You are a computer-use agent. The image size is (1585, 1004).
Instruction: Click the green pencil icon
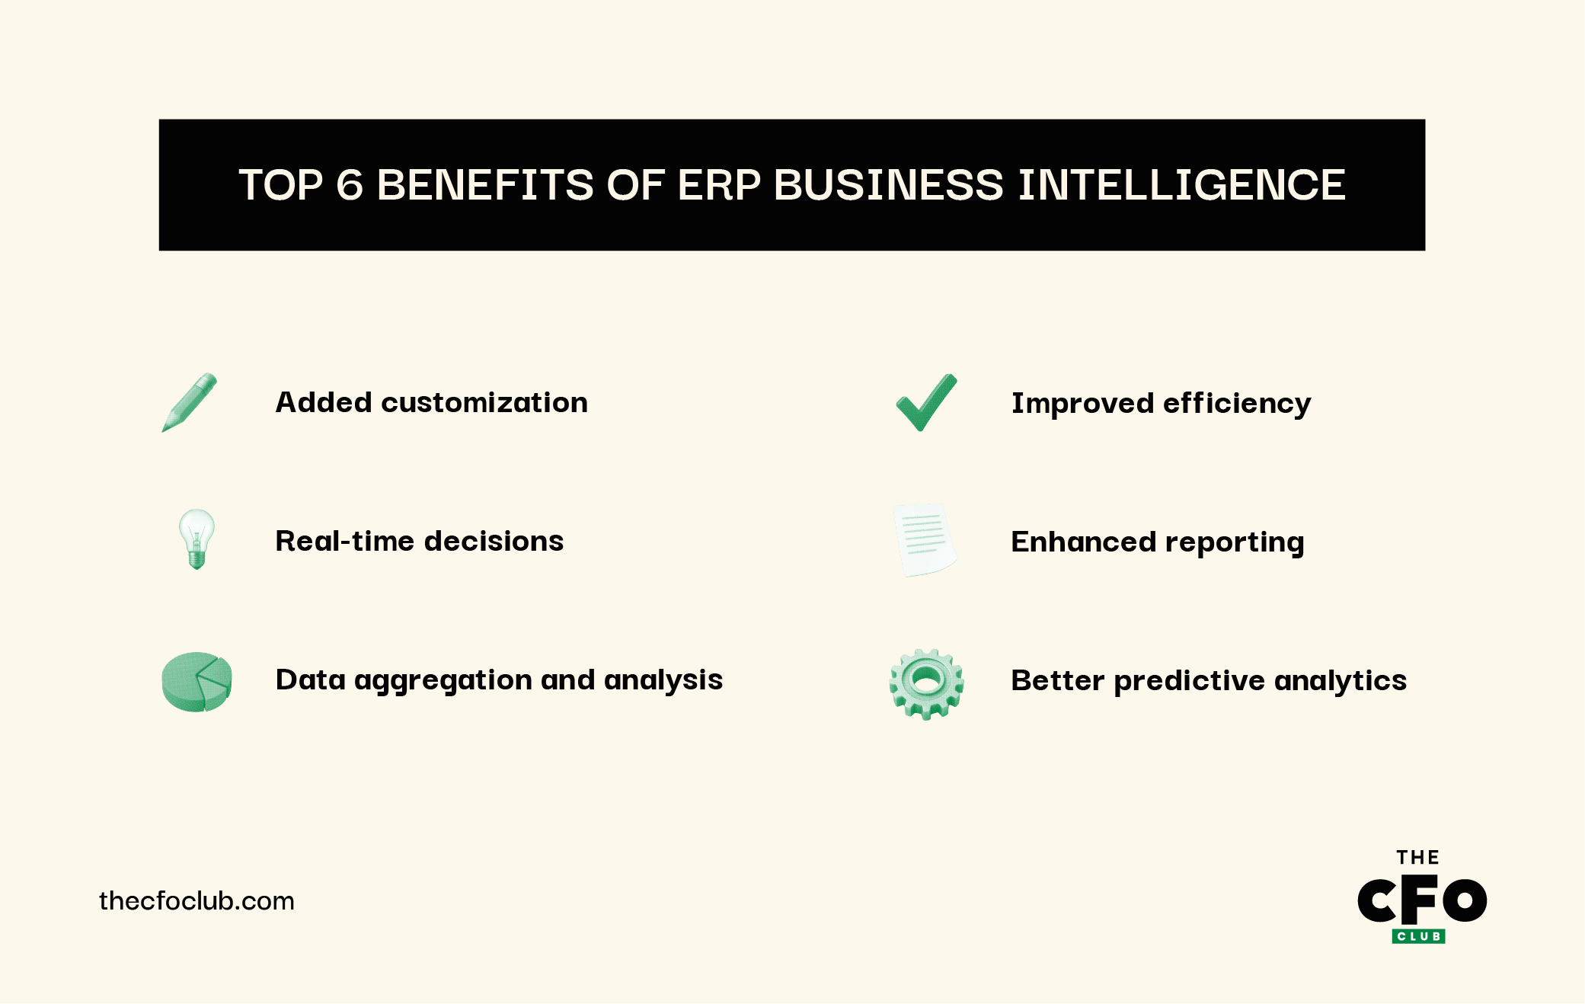pyautogui.click(x=190, y=402)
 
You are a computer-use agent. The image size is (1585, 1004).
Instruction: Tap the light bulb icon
pyautogui.click(x=197, y=539)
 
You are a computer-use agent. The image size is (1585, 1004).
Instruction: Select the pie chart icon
pyautogui.click(x=197, y=681)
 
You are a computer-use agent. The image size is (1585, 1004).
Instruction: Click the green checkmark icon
pyautogui.click(x=926, y=402)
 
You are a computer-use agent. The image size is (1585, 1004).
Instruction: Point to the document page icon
pyautogui.click(x=925, y=540)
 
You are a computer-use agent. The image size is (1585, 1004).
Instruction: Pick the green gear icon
pyautogui.click(x=926, y=683)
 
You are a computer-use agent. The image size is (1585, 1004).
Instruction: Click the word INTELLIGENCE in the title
pyautogui.click(x=1181, y=185)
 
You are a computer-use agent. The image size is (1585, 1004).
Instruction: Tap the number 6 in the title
pyautogui.click(x=350, y=185)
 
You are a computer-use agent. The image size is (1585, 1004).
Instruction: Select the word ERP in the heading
pyautogui.click(x=718, y=185)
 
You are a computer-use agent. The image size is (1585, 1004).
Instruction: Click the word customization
pyautogui.click(x=484, y=402)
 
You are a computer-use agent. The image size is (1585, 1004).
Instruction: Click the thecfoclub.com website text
pyautogui.click(x=197, y=901)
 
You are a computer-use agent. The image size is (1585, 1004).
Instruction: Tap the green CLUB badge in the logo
pyautogui.click(x=1418, y=936)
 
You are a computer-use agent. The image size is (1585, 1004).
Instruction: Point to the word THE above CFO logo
pyautogui.click(x=1417, y=858)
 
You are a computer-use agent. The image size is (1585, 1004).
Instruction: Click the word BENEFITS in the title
pyautogui.click(x=484, y=185)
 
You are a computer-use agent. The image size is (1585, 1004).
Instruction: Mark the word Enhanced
pyautogui.click(x=1082, y=542)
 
